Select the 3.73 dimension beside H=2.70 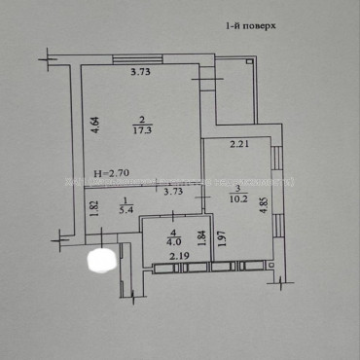click(174, 192)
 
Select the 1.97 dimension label click(224, 239)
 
